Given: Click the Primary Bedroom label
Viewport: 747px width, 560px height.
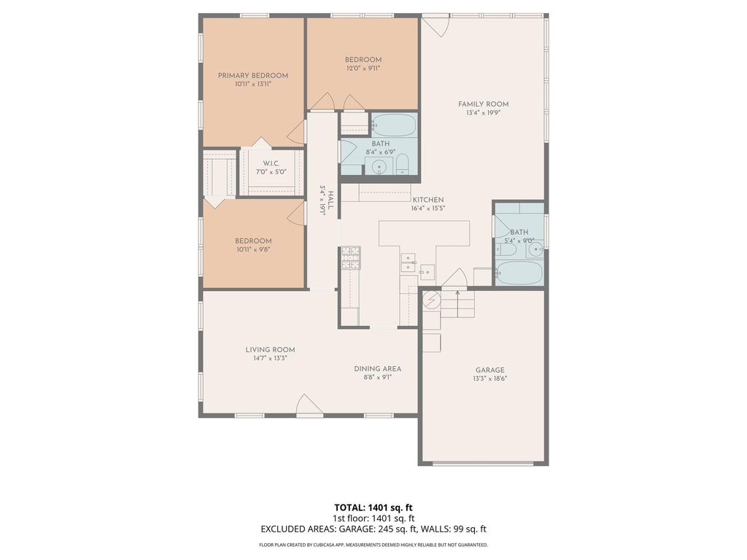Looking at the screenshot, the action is tap(253, 75).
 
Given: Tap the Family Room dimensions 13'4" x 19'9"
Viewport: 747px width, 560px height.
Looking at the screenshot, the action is tap(483, 113).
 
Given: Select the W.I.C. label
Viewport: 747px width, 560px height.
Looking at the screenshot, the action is tap(271, 163).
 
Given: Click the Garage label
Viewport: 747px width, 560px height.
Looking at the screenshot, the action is tap(489, 370).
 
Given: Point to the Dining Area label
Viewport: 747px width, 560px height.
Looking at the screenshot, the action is tap(377, 368).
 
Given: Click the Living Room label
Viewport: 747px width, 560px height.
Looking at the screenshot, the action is tap(270, 349).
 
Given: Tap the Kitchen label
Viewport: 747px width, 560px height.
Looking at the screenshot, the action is tap(427, 200).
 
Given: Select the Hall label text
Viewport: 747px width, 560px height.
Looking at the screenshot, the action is tap(330, 197).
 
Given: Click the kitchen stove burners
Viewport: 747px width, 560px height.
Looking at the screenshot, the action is tap(350, 258).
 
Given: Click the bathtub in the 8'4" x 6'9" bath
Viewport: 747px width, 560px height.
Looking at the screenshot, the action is tap(393, 125).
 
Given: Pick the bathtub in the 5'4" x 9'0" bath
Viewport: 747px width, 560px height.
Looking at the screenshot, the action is tap(519, 273).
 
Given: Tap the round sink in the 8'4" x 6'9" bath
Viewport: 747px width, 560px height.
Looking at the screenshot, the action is tap(379, 167).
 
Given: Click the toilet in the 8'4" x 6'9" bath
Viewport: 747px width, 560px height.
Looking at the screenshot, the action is tap(403, 164).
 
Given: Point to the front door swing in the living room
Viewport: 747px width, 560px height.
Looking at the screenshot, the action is tap(309, 405).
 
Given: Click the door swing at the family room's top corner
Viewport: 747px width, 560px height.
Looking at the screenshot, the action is tap(436, 27).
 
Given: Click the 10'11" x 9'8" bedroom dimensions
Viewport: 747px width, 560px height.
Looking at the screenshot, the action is tap(253, 249).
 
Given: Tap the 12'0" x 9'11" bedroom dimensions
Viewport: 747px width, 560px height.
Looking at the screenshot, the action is tap(363, 68).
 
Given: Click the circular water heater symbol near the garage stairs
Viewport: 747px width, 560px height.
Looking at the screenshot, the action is tap(430, 300).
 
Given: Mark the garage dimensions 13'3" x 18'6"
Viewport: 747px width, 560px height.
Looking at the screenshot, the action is tap(489, 379).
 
